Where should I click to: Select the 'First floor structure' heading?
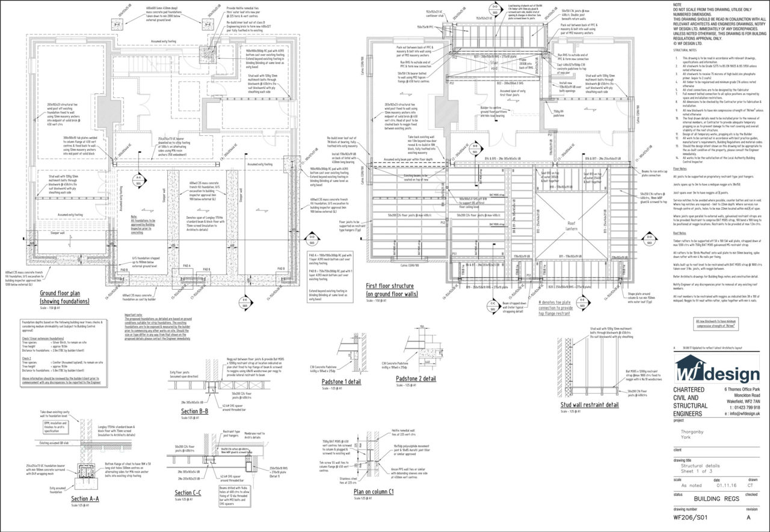(x=390, y=290)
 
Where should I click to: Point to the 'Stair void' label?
(x=494, y=64)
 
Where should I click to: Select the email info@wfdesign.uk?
(x=735, y=414)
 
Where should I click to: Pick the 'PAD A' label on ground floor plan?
(x=186, y=266)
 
